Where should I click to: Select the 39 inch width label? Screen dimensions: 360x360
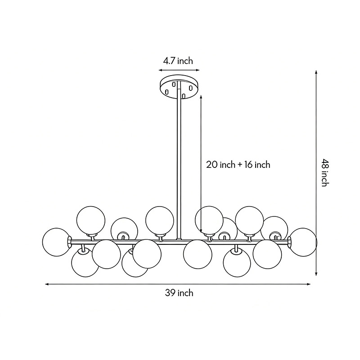click(x=179, y=293)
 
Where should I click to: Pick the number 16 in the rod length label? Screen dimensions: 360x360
click(x=248, y=165)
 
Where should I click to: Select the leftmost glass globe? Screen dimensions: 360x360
click(x=56, y=242)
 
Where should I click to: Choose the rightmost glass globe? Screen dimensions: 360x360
click(x=302, y=243)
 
